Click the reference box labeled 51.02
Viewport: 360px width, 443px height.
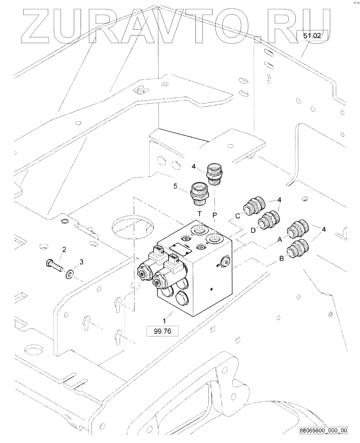[x=312, y=36]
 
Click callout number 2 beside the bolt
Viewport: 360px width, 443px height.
[x=64, y=250]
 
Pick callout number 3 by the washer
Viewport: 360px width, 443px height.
[x=81, y=262]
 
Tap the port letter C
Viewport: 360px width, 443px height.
[x=238, y=216]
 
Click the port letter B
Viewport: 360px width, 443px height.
[x=281, y=259]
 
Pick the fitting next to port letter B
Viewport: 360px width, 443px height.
[x=299, y=249]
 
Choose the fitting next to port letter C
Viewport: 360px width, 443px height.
[x=254, y=206]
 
